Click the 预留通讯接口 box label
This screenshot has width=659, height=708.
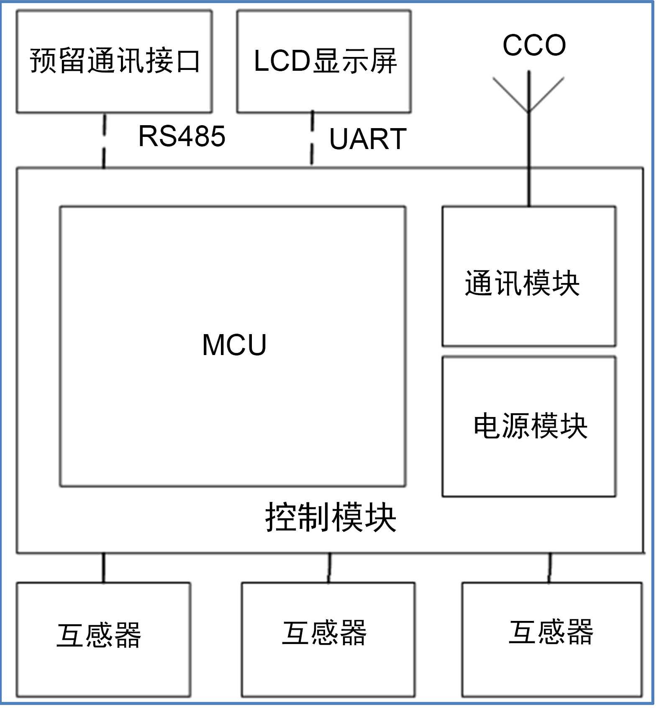tap(114, 61)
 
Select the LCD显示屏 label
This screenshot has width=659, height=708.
tap(325, 61)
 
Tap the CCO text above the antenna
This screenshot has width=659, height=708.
tap(534, 45)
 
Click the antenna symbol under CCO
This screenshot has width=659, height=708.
tap(529, 94)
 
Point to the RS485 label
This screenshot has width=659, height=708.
tap(182, 136)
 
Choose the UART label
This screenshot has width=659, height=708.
tap(367, 139)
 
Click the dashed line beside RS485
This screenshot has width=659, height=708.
tap(104, 141)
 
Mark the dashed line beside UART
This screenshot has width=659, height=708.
tap(312, 138)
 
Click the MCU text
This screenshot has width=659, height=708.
tap(234, 345)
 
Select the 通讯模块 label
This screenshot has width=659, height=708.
tap(522, 283)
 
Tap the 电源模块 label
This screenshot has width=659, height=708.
tap(530, 426)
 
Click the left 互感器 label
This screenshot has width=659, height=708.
tap(99, 635)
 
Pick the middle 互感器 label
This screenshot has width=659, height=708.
tap(324, 633)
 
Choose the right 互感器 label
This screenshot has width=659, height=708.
tap(551, 632)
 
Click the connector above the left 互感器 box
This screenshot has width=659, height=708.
tap(103, 568)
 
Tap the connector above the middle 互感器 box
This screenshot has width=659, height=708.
tap(329, 568)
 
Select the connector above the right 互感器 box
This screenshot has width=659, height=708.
tap(550, 568)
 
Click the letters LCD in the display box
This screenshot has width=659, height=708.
tap(282, 61)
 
